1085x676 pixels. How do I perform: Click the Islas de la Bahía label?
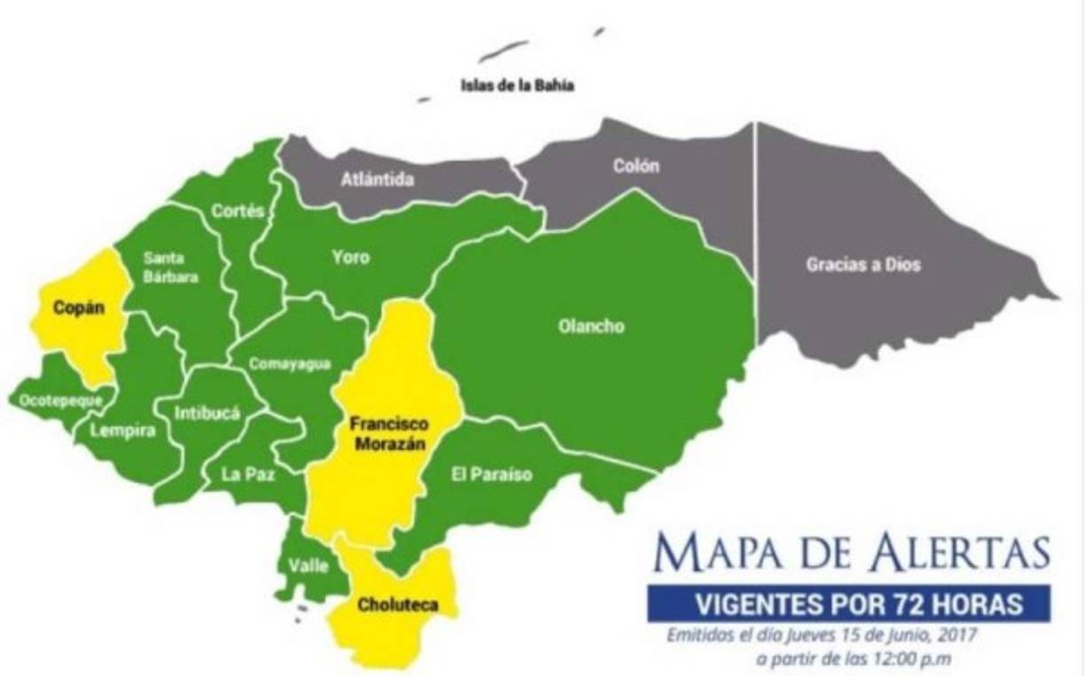(x=518, y=87)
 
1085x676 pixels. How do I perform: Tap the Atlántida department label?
(x=378, y=180)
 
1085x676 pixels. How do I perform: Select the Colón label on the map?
(x=636, y=166)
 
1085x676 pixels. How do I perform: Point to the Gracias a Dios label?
(x=863, y=264)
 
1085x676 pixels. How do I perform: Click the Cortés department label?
(x=238, y=211)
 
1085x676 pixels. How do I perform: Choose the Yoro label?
(x=351, y=258)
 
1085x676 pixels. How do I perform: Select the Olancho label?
(x=591, y=326)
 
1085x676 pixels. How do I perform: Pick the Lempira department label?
(x=122, y=431)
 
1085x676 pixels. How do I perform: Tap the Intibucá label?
(x=207, y=411)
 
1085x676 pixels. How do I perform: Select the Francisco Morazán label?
(x=386, y=432)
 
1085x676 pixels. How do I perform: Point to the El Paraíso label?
(x=491, y=475)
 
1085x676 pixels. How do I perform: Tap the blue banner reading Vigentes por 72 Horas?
(x=847, y=605)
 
